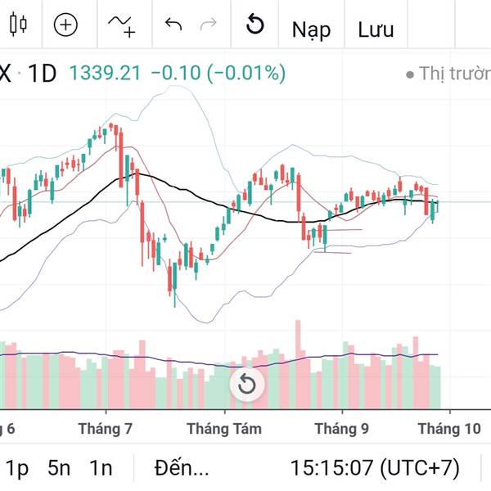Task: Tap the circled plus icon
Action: pos(65,25)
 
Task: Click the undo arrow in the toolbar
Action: pos(173,25)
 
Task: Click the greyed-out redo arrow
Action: pos(209,25)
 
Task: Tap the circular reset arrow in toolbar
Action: pos(255,25)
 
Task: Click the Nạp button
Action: pos(312,29)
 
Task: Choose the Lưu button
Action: pos(376,29)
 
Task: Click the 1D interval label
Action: pos(42,74)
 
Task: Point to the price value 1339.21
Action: pos(105,74)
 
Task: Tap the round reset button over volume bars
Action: pos(246,384)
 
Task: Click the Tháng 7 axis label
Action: pos(106,428)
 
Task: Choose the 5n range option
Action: pos(59,468)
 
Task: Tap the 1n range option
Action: pos(101,468)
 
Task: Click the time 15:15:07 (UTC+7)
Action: pos(375,468)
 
